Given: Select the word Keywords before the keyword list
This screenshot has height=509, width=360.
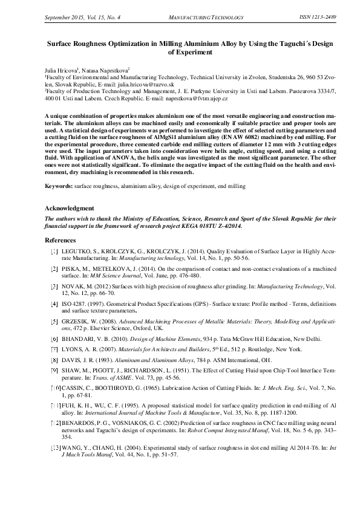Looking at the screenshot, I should tap(58, 187).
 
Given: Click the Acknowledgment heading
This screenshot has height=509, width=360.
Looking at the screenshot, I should tap(70, 209).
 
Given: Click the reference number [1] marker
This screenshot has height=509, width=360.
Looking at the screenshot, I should tap(54, 250).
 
